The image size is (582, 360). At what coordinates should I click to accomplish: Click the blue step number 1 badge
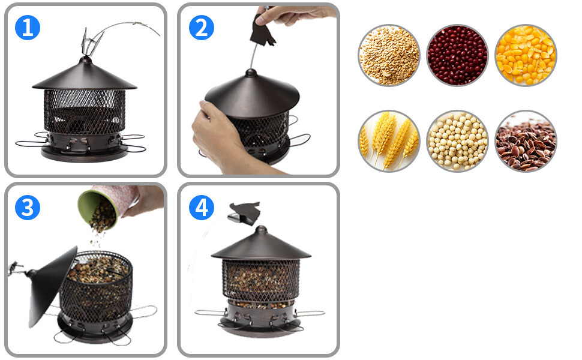click(28, 28)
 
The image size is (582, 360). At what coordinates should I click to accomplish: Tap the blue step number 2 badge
click(202, 28)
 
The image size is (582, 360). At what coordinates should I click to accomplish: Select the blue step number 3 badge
click(28, 207)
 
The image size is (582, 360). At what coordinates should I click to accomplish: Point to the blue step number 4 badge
click(202, 207)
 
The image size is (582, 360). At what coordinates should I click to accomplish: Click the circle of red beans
click(457, 55)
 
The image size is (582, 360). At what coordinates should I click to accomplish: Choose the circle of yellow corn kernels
click(526, 55)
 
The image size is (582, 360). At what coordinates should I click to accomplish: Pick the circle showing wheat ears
click(389, 141)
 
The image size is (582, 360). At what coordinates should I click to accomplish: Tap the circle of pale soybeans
click(457, 141)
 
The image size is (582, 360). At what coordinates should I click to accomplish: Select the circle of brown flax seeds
click(526, 141)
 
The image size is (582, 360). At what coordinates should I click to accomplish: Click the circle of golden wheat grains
click(389, 55)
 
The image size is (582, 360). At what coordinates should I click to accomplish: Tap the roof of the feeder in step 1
click(85, 76)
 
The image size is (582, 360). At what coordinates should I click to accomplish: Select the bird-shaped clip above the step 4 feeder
click(245, 212)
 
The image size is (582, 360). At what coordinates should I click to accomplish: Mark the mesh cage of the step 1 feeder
click(85, 112)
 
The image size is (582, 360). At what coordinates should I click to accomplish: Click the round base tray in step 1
click(85, 153)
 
